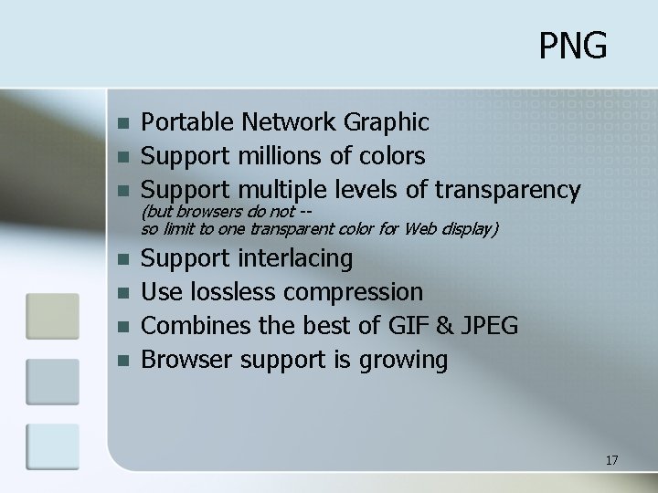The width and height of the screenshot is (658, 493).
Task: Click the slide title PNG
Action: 572,45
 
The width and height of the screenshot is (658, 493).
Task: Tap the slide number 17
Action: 611,460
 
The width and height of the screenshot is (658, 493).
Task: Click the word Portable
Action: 186,121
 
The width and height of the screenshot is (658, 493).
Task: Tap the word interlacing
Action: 296,258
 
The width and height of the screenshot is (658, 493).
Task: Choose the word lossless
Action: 239,292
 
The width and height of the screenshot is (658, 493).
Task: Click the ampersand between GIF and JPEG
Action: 462,326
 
